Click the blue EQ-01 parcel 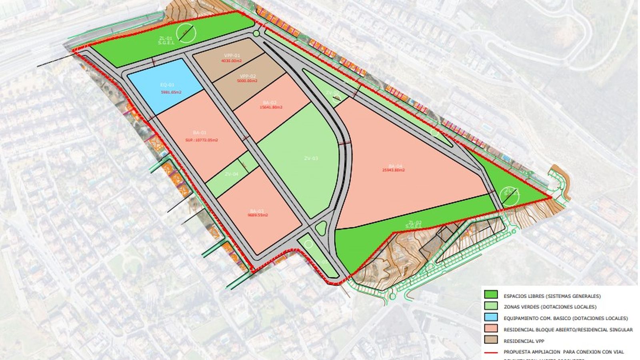(164, 86)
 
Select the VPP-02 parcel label (248, 76)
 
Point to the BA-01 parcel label (199, 133)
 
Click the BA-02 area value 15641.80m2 (271, 107)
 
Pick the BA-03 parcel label (256, 211)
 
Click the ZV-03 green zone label (311, 158)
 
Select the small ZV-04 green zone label (231, 174)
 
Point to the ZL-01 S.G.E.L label (166, 41)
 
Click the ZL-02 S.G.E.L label (413, 224)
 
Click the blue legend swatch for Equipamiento (491, 318)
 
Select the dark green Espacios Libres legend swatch (491, 296)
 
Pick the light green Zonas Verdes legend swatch (491, 307)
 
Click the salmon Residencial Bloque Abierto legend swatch (491, 329)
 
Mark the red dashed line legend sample (491, 352)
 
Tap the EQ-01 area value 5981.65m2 (171, 92)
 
